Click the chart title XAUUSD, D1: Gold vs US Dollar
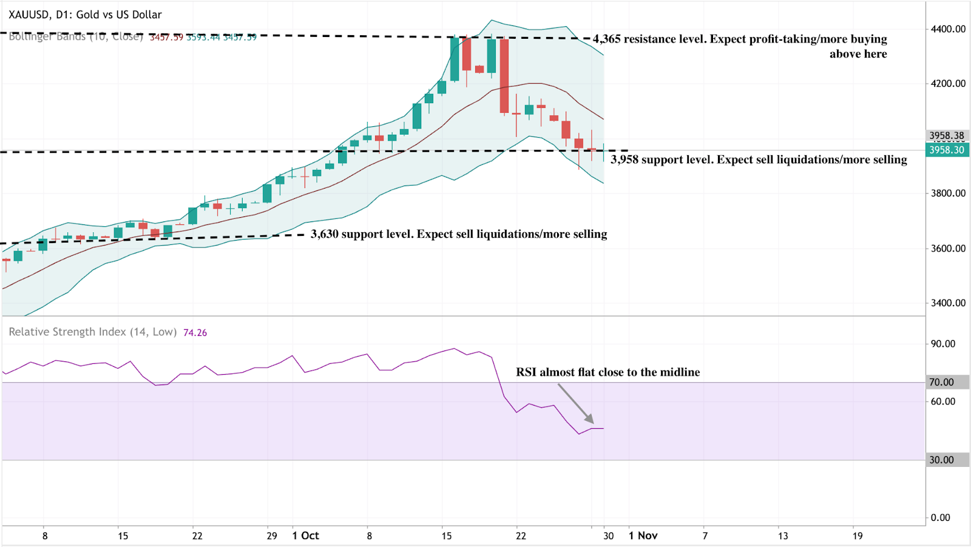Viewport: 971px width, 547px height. (85, 15)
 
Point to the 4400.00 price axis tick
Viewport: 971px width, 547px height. (948, 29)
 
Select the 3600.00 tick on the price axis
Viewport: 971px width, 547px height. (948, 249)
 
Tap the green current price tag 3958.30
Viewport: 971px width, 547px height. (947, 150)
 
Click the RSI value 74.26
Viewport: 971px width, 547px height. (195, 333)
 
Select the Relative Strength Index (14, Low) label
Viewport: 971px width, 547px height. (92, 332)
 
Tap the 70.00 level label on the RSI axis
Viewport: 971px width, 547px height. (941, 382)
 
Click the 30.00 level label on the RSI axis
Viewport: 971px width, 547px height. (941, 460)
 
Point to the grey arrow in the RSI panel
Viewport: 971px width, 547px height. (575, 403)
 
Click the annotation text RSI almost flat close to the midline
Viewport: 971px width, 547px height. (607, 372)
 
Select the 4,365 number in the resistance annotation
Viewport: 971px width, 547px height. (607, 39)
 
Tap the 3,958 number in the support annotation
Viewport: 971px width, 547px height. (624, 159)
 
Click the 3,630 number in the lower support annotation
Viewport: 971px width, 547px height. (325, 234)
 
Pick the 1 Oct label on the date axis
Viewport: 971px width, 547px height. (306, 535)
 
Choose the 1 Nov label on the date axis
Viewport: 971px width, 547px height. (643, 535)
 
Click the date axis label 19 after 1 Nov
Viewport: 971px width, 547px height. (857, 535)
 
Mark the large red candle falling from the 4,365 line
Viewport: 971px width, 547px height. (504, 76)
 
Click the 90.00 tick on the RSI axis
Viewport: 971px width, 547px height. (943, 344)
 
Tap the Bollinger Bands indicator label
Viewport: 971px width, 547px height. (76, 37)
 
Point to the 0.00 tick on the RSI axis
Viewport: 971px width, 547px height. (940, 517)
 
